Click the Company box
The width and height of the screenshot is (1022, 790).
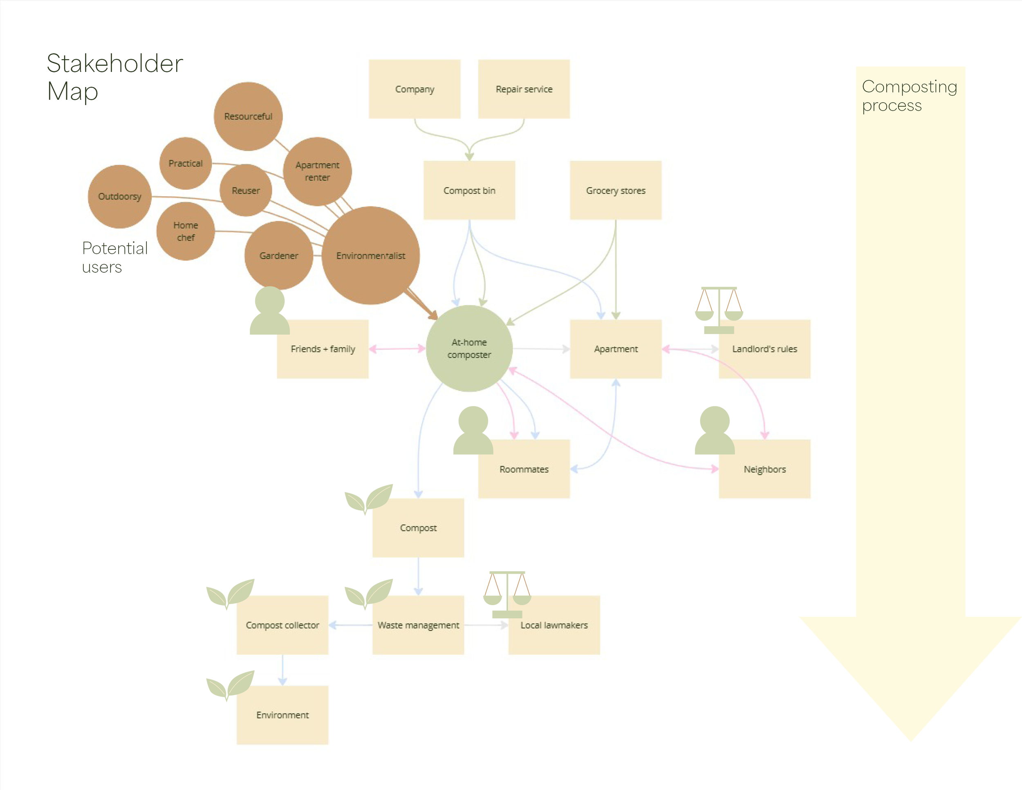click(x=414, y=89)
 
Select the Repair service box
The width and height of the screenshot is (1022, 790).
click(x=524, y=89)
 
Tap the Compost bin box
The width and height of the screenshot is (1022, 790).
click(x=469, y=191)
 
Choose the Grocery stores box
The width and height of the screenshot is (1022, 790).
click(x=615, y=191)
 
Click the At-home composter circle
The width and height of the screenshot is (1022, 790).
click(x=469, y=349)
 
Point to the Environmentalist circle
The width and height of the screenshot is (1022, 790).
click(x=371, y=256)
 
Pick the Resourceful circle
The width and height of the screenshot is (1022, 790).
click(x=248, y=117)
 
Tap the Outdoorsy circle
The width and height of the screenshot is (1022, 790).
click(x=120, y=197)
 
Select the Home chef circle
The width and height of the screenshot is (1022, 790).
click(x=186, y=231)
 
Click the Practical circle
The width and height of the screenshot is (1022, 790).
click(x=186, y=163)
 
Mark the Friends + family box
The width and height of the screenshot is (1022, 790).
click(x=323, y=349)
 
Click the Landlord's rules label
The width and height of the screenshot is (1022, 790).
click(x=764, y=349)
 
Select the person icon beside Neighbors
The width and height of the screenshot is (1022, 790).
click(x=714, y=431)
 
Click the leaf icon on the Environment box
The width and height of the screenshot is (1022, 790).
click(x=231, y=685)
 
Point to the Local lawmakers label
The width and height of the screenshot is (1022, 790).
click(x=554, y=625)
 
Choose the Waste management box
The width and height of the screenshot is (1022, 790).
click(x=418, y=625)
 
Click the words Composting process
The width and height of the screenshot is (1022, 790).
click(x=909, y=96)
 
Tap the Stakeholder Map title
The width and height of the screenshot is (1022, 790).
click(x=114, y=77)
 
